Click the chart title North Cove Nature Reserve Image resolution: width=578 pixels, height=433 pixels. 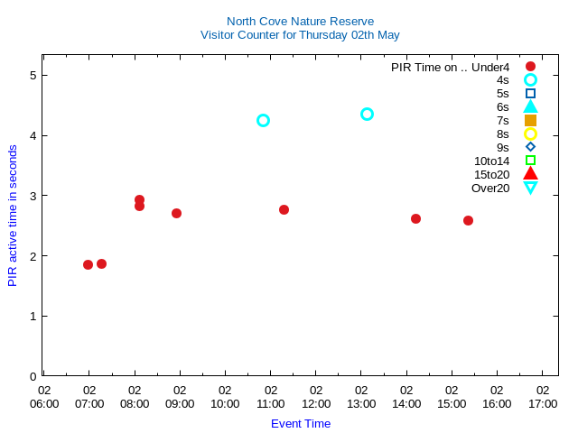[x=300, y=21]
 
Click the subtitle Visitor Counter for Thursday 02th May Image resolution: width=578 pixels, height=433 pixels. [x=300, y=35]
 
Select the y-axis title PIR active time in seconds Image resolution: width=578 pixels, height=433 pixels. [x=13, y=215]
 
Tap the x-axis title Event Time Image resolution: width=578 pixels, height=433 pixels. [x=301, y=423]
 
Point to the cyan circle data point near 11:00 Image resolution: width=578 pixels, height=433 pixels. [x=263, y=120]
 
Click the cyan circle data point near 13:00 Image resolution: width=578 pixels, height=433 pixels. [x=367, y=114]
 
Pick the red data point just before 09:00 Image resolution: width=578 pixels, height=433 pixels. [x=176, y=213]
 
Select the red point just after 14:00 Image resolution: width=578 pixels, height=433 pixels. [x=415, y=218]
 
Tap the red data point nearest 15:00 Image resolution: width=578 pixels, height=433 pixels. [x=468, y=220]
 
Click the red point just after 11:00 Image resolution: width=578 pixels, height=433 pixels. [x=284, y=209]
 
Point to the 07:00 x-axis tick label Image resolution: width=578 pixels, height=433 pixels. [x=89, y=397]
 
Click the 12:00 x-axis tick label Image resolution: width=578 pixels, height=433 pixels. [x=316, y=397]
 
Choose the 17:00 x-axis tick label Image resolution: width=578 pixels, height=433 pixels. [x=543, y=397]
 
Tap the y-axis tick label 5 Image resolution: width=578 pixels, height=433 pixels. [x=33, y=75]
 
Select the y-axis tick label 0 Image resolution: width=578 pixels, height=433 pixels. [x=33, y=376]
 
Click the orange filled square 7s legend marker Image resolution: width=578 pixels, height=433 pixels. [x=530, y=120]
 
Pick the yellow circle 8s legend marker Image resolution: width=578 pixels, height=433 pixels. [x=530, y=134]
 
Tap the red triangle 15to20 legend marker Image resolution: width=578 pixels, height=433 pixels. [x=530, y=174]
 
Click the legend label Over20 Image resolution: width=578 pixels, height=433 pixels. [x=490, y=188]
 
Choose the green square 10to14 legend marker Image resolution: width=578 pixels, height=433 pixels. [x=530, y=161]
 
